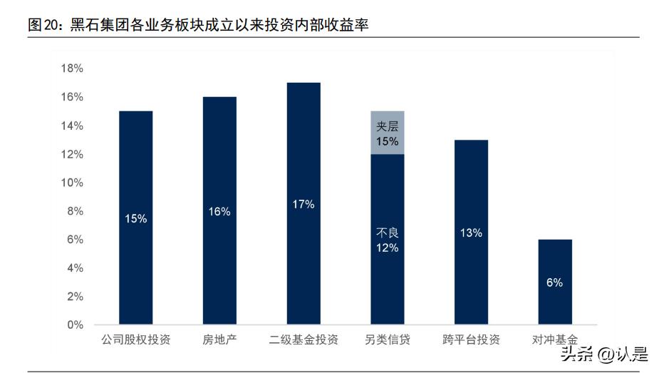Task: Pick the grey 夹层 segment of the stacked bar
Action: pos(388,133)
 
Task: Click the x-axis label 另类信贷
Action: pos(387,339)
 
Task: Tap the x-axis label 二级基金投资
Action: pos(303,339)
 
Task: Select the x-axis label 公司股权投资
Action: pos(135,339)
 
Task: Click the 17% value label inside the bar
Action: pos(303,205)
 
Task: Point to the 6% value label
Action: pos(555,282)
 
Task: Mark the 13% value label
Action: pos(471,233)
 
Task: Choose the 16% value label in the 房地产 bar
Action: pos(219,212)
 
